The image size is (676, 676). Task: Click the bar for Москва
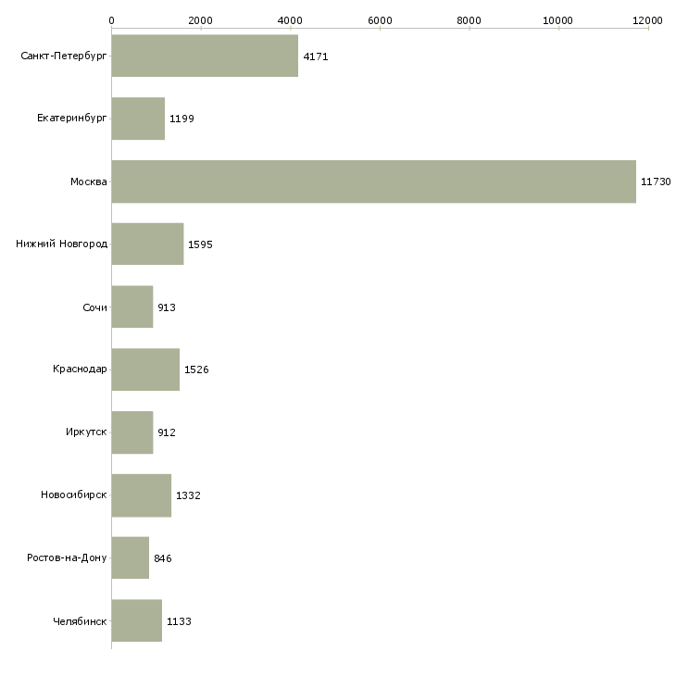[x=373, y=182]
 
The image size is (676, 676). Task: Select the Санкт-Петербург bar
[x=205, y=56]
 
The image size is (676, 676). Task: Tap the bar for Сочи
[x=131, y=307]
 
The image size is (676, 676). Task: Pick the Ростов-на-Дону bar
[x=130, y=558]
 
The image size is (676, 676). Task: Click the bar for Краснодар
[x=145, y=369]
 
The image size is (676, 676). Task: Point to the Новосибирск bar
[x=141, y=495]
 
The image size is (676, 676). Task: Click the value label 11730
[x=656, y=182]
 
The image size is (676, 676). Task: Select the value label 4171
[x=316, y=56]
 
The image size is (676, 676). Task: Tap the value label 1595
[x=200, y=244]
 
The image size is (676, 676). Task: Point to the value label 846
[x=163, y=558]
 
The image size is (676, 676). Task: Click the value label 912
[x=167, y=432]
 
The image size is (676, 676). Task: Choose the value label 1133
[x=179, y=621]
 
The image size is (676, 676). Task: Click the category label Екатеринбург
[x=72, y=119]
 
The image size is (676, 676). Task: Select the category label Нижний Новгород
[x=62, y=244]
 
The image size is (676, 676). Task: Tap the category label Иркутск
[x=86, y=432]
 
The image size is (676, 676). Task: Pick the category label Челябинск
[x=80, y=621]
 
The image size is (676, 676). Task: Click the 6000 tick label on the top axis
[x=380, y=19]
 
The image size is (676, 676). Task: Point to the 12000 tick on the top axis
[x=648, y=19]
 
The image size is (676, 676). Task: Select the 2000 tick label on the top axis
[x=200, y=19]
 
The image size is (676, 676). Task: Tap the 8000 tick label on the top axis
[x=469, y=19]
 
